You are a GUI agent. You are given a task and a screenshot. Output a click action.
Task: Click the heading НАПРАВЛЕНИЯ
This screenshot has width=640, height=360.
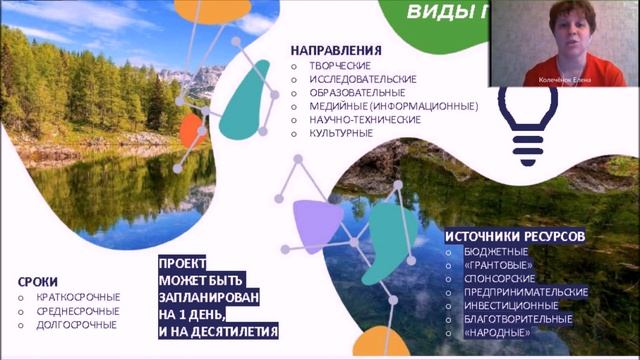click(x=336, y=49)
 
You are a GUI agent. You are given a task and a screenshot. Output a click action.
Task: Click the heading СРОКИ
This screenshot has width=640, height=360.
click(x=38, y=282)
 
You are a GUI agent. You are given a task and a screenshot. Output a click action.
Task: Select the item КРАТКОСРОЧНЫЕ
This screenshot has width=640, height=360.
click(x=77, y=297)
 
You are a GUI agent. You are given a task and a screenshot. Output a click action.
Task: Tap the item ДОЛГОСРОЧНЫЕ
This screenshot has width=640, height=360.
click(x=76, y=325)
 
